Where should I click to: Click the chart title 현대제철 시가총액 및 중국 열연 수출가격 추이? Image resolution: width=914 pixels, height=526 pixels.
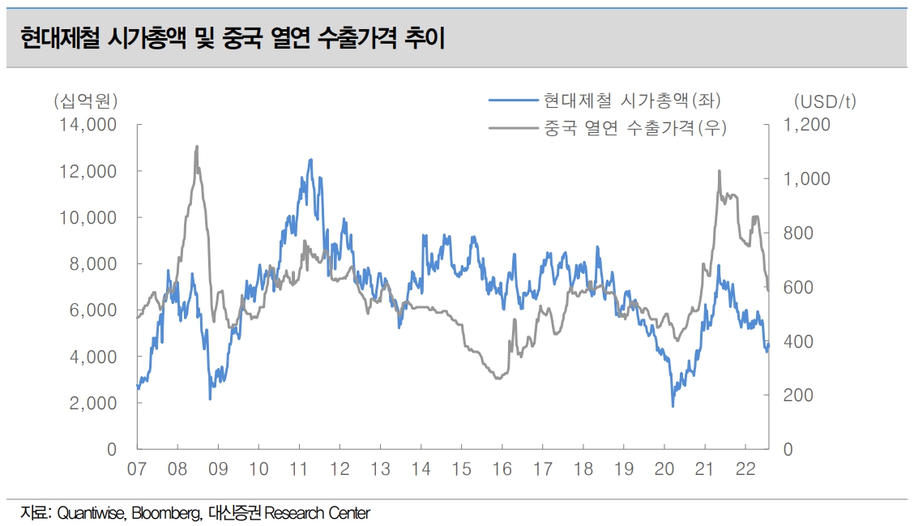234,37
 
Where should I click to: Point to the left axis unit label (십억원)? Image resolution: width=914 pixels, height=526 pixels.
86,101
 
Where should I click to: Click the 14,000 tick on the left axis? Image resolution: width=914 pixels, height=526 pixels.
86,125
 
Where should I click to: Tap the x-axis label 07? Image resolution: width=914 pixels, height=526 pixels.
137,468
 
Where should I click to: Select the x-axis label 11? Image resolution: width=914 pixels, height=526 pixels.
299,468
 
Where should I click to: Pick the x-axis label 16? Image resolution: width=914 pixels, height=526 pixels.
502,468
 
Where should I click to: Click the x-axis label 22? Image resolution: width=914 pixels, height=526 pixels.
745,468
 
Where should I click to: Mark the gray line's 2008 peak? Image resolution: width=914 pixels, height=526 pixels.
197,147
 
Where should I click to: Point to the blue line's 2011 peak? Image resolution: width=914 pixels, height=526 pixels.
310,160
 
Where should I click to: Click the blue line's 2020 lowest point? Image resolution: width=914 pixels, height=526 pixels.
673,405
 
